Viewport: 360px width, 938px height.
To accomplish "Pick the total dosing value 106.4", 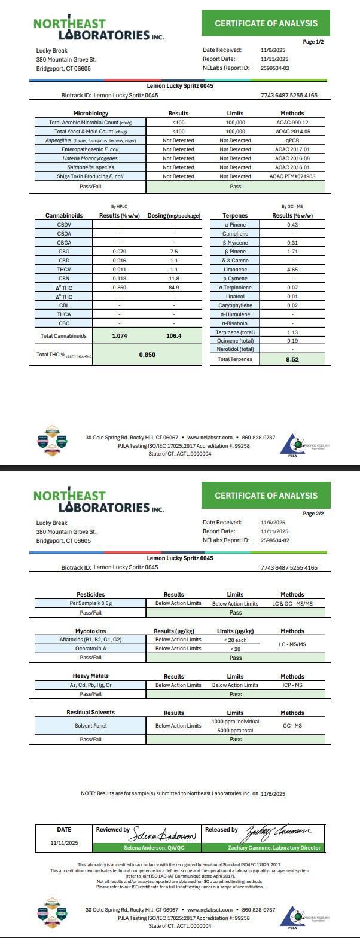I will pos(174,336).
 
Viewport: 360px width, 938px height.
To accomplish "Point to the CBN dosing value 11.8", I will pos(174,279).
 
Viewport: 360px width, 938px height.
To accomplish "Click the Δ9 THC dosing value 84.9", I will pos(174,288).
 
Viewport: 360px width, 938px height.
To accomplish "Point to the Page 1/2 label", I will pos(313,42).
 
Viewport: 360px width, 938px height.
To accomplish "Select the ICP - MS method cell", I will pos(292,685).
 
